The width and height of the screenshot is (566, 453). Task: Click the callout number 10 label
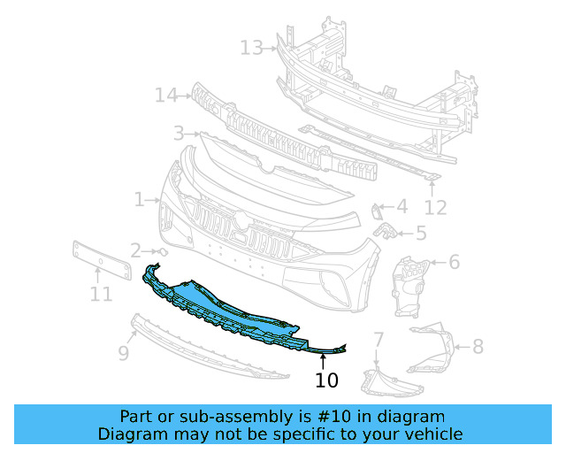(x=326, y=380)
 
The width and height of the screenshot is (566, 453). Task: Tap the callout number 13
(x=251, y=47)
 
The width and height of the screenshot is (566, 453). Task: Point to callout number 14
(x=166, y=94)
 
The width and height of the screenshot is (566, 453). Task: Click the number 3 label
(x=178, y=134)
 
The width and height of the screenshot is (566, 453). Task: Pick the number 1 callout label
(x=139, y=200)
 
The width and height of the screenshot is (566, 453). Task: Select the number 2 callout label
(x=135, y=250)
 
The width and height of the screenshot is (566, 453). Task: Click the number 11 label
(x=101, y=294)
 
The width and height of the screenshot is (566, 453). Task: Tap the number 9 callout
(x=124, y=353)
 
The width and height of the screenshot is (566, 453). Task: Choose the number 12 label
(x=435, y=208)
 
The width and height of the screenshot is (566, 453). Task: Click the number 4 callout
(x=402, y=207)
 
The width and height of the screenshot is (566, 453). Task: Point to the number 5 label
(x=420, y=234)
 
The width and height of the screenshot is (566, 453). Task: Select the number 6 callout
(x=454, y=262)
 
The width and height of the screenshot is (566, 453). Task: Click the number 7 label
(x=378, y=339)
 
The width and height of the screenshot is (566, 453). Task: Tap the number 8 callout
(x=478, y=346)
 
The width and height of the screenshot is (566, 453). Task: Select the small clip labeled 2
(x=162, y=252)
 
